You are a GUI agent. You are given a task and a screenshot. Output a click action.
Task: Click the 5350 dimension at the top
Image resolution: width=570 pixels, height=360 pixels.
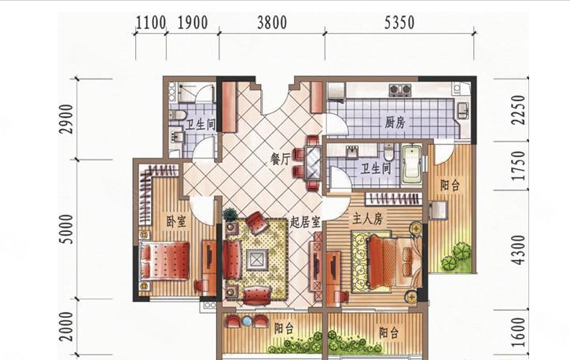pyautogui.click(x=399, y=23)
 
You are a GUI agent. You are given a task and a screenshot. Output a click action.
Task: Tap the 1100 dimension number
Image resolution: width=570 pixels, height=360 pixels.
pyautogui.click(x=151, y=23)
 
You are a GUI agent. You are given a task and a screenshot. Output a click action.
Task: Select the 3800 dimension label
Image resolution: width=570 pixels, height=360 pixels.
pyautogui.click(x=272, y=23)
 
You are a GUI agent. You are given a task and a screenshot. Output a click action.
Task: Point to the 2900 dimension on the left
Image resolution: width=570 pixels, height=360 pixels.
pyautogui.click(x=67, y=119)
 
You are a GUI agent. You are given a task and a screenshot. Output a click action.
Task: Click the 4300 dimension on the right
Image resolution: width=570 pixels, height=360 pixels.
pyautogui.click(x=518, y=250)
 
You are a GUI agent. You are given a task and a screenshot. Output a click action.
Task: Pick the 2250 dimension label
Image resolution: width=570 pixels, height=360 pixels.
pyautogui.click(x=518, y=110)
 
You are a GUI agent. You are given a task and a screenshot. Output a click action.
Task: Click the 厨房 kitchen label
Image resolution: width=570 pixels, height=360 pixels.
pyautogui.click(x=395, y=123)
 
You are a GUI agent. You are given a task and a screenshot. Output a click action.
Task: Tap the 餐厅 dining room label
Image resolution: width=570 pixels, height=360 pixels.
pyautogui.click(x=280, y=159)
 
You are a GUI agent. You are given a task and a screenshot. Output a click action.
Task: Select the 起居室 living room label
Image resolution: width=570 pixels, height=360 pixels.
pyautogui.click(x=304, y=222)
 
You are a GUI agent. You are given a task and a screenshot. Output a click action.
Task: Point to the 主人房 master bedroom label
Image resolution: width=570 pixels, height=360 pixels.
pyautogui.click(x=367, y=219)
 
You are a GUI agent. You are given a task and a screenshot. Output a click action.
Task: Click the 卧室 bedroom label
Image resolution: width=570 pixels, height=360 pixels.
pyautogui.click(x=176, y=221)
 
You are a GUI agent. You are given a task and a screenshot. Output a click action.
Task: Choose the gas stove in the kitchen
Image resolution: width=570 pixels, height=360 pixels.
pyautogui.click(x=400, y=89)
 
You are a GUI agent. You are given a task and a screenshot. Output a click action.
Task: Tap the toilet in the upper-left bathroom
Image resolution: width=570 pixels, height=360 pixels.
pyautogui.click(x=178, y=116)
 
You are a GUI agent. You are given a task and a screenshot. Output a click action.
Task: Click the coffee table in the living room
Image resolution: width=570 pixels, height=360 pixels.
pyautogui.click(x=257, y=259)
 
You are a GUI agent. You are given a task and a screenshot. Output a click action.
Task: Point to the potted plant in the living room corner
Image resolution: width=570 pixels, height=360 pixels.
pyautogui.click(x=230, y=215)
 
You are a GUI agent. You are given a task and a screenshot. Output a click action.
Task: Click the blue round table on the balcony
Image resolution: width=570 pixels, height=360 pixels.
pyautogui.click(x=247, y=321)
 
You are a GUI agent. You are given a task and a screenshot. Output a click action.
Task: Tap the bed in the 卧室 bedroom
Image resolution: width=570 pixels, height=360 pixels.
pyautogui.click(x=164, y=261)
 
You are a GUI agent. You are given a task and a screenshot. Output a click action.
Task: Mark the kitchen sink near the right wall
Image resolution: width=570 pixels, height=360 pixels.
pyautogui.click(x=462, y=110)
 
